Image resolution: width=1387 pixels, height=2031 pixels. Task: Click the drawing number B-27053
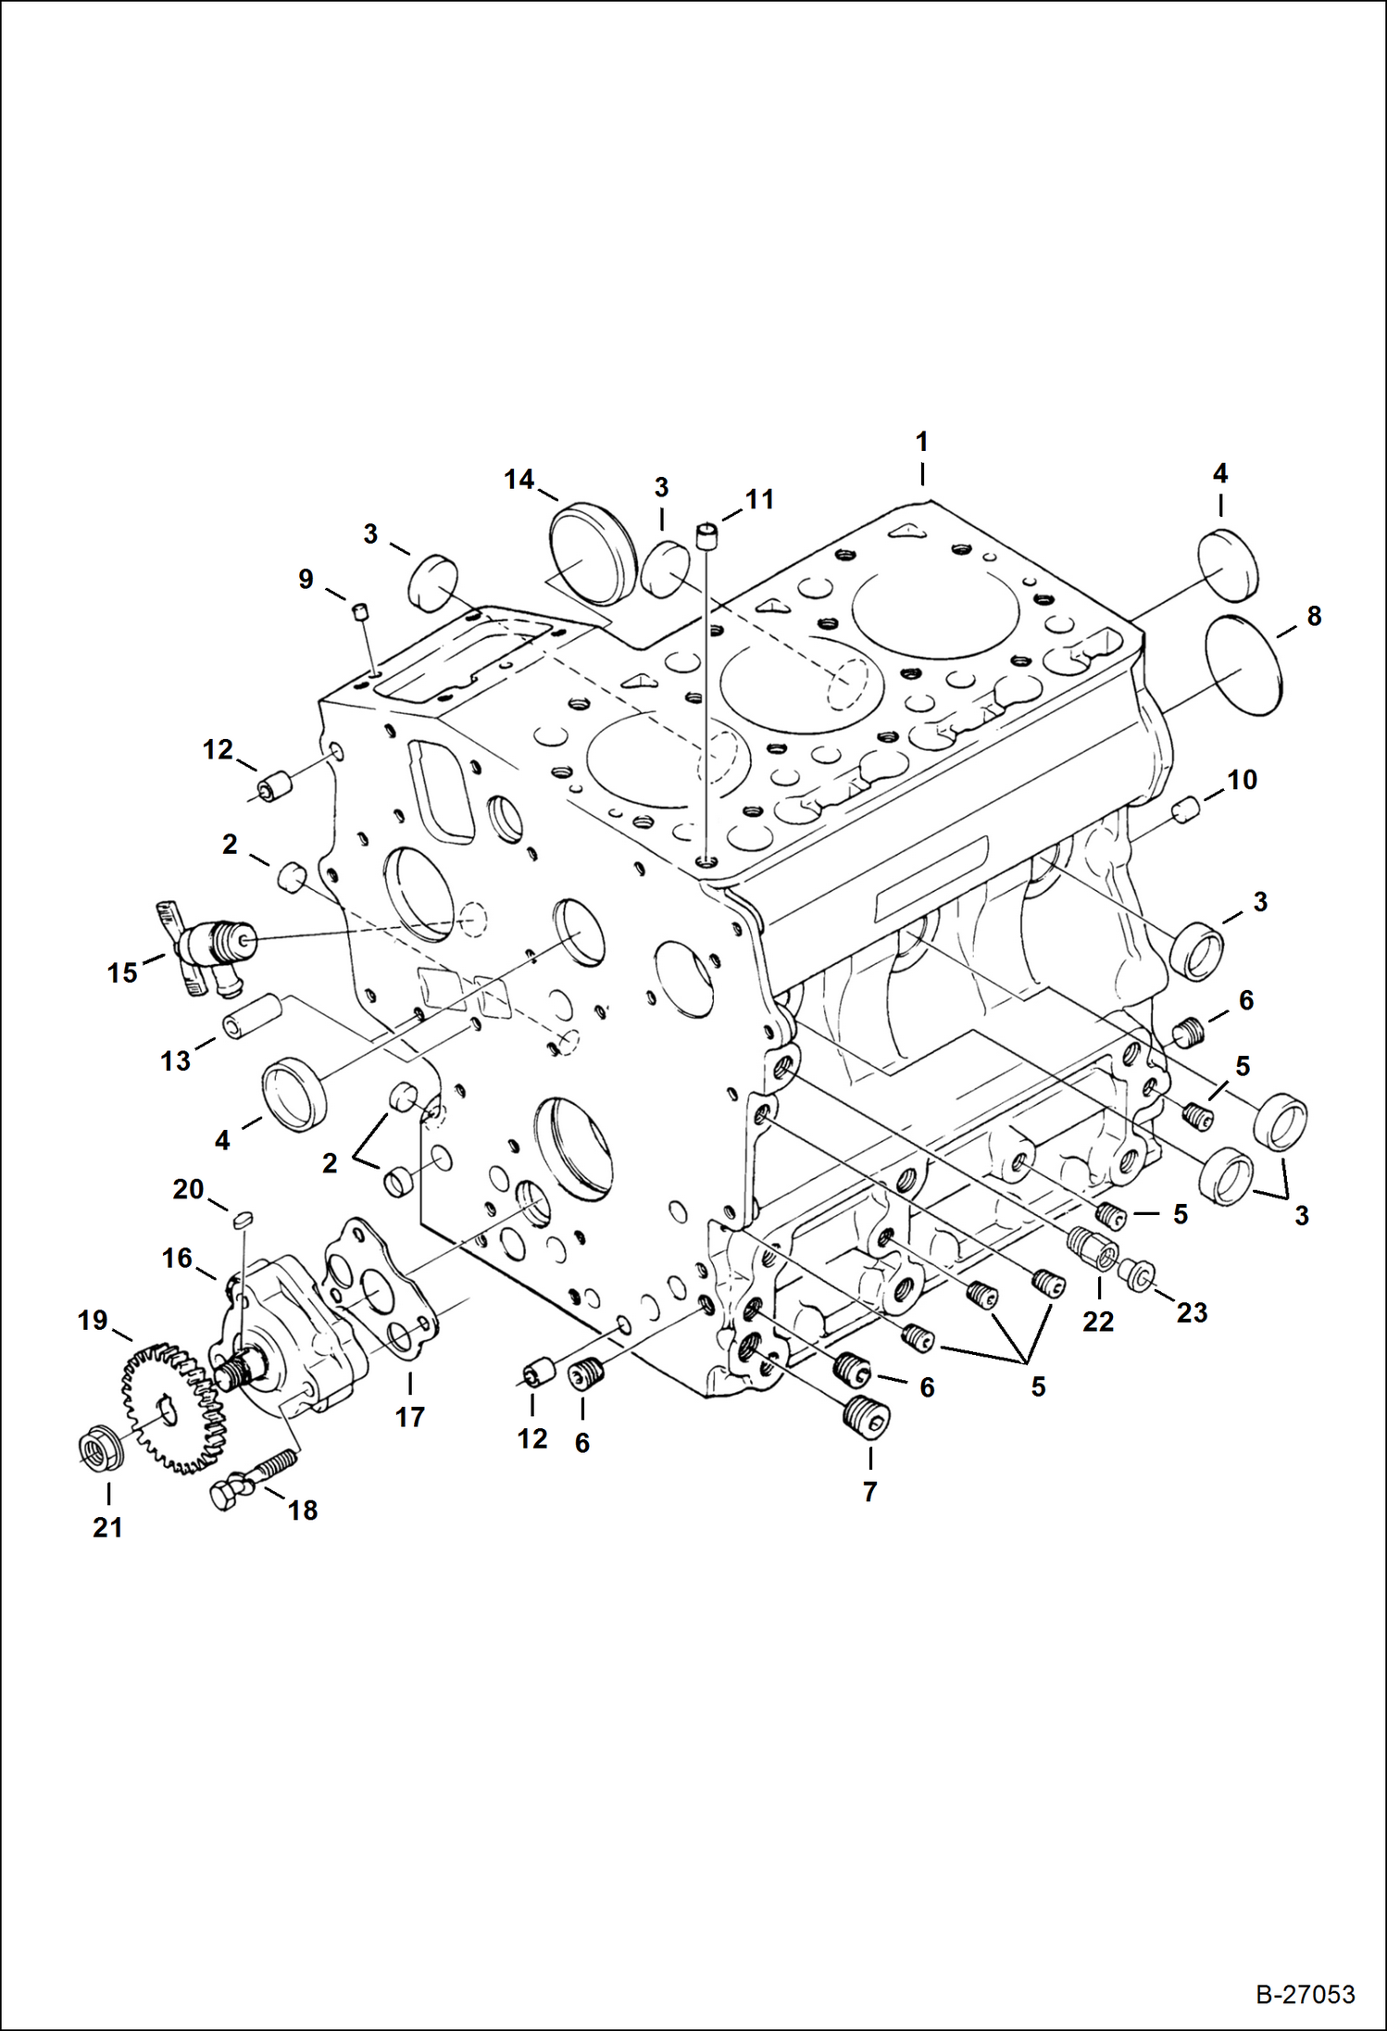pyautogui.click(x=1305, y=1995)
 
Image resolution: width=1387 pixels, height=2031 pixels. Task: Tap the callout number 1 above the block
pyautogui.click(x=921, y=443)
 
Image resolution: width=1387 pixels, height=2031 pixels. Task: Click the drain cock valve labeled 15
pyautogui.click(x=208, y=949)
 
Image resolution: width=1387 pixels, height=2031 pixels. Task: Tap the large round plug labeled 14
pyautogui.click(x=590, y=552)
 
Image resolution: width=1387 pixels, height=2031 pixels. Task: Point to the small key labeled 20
pyautogui.click(x=243, y=1220)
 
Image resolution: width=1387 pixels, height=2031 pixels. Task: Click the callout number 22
pyautogui.click(x=1098, y=1322)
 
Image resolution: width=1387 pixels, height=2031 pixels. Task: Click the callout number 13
pyautogui.click(x=175, y=1060)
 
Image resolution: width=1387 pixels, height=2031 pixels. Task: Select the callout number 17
pyautogui.click(x=409, y=1417)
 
